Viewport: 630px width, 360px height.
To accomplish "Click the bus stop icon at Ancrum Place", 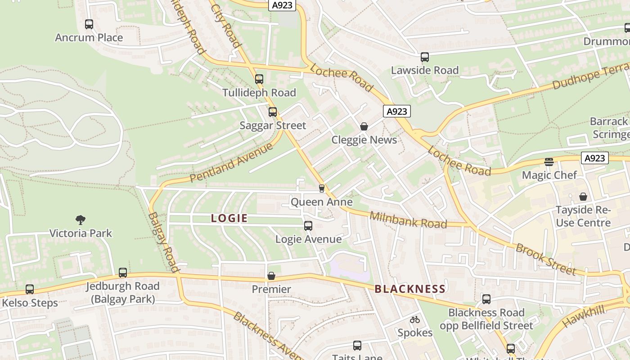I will point(89,24).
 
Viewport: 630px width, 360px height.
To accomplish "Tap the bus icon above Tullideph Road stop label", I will point(259,79).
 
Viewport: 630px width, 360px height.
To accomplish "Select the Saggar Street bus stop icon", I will point(273,112).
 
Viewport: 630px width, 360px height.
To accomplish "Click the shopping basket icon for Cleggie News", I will point(364,126).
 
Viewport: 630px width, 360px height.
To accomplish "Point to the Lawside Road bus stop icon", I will point(424,57).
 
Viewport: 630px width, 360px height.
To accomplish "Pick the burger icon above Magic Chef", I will point(549,162).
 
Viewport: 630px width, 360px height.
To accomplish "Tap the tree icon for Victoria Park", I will point(81,220).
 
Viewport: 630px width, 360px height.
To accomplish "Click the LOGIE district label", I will point(229,219).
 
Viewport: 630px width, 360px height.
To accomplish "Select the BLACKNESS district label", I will point(410,289).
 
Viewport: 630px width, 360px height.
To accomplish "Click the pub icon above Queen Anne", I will point(321,188).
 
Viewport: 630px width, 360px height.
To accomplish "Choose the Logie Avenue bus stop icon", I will point(308,225).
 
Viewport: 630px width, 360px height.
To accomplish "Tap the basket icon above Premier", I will point(271,276).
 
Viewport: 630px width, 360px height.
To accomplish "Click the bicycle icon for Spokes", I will point(414,319).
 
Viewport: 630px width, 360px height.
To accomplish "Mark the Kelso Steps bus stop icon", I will point(30,289).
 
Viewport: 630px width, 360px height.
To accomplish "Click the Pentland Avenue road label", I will point(231,162).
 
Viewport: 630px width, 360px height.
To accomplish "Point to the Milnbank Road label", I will point(408,220).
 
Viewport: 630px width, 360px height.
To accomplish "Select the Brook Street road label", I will point(545,259).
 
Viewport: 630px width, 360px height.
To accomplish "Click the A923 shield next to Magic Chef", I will point(594,158).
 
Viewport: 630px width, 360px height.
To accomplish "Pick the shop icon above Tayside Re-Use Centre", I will point(583,197).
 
